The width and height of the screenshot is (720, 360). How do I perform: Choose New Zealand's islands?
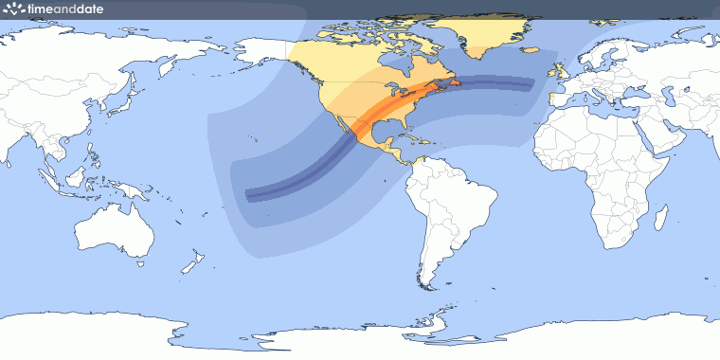coord(194,260)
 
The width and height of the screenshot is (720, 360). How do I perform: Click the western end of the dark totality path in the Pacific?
coord(248,196)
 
